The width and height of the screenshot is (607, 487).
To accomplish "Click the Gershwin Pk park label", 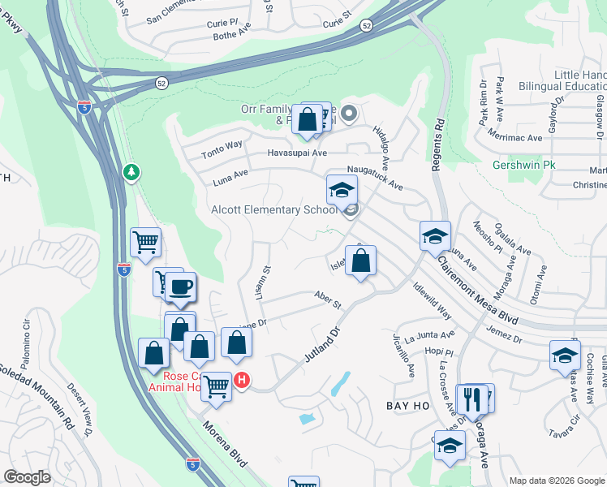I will click(x=523, y=165).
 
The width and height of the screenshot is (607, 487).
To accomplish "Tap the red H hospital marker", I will click(x=241, y=379).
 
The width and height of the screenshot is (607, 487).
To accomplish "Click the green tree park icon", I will click(x=130, y=172).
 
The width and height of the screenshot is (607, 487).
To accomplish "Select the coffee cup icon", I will click(x=182, y=286).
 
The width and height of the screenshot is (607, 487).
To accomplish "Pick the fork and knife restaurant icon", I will click(x=470, y=399).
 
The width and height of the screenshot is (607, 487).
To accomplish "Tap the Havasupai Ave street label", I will click(x=297, y=153).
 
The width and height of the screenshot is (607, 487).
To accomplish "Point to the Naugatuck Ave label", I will click(x=375, y=178).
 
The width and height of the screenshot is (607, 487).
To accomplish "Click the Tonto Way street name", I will click(x=222, y=144).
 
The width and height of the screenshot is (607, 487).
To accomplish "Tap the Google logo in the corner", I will click(x=28, y=477).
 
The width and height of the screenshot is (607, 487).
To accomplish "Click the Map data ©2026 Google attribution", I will click(x=556, y=481).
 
